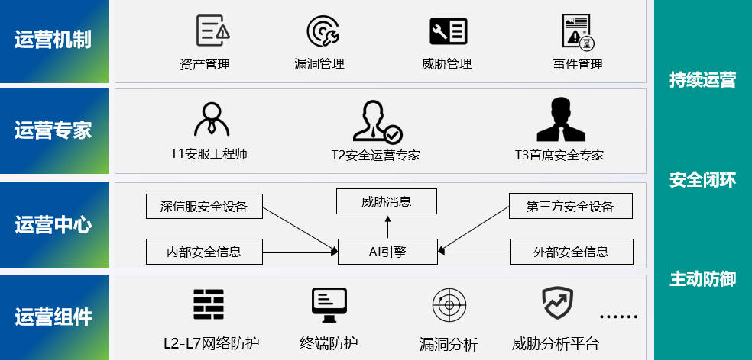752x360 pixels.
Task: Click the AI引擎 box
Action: (387, 252)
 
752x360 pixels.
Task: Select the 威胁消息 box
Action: (387, 201)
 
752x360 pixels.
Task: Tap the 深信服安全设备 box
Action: (204, 207)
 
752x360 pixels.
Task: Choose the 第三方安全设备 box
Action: (571, 206)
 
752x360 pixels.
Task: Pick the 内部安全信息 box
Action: (204, 252)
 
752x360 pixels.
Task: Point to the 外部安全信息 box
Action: (571, 252)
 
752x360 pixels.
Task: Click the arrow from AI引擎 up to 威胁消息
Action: (387, 227)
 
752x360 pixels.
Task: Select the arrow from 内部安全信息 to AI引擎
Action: (300, 252)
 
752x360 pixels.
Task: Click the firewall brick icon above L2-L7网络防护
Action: (209, 304)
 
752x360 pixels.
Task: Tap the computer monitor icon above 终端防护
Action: (329, 304)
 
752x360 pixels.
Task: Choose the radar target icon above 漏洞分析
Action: (449, 304)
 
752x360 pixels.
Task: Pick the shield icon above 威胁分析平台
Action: (558, 302)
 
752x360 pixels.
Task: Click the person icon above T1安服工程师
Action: (212, 119)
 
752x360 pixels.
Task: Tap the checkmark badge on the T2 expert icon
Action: (394, 136)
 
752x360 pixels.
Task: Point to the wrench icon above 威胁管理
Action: (449, 31)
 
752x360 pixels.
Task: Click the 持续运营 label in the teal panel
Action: (702, 79)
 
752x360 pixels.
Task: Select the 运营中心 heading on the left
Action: (53, 225)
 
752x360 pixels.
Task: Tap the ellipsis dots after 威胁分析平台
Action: (619, 317)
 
